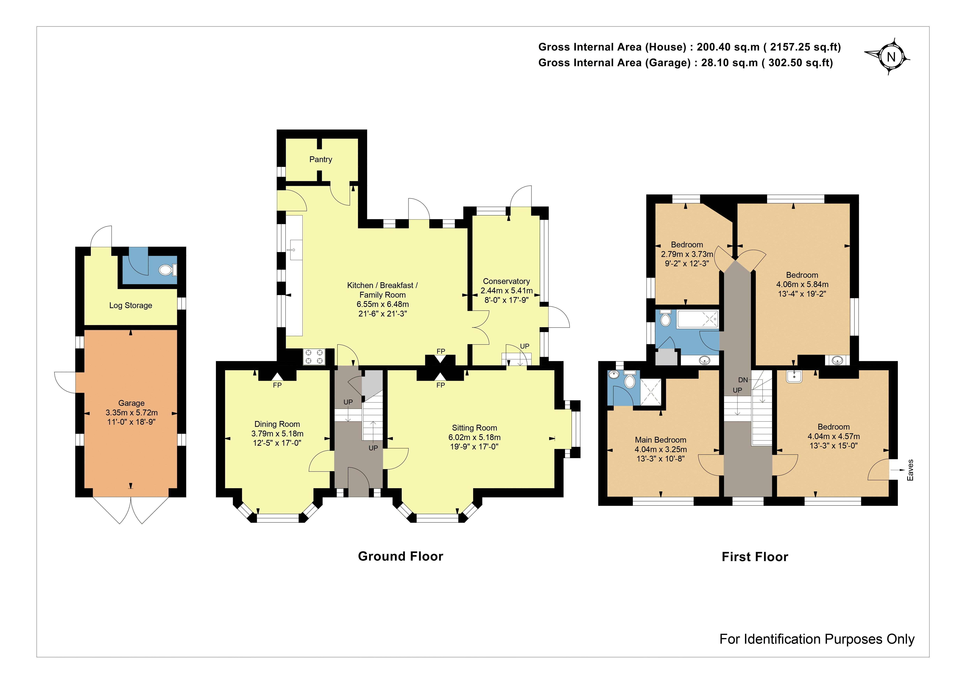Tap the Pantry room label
[x=321, y=159]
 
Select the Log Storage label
[x=131, y=306]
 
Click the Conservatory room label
[x=506, y=281]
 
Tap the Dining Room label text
[x=277, y=424]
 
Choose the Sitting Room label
[x=475, y=428]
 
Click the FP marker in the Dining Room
[x=277, y=385]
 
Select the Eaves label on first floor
[x=910, y=470]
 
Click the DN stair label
[x=743, y=380]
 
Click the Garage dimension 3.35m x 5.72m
[x=131, y=413]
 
